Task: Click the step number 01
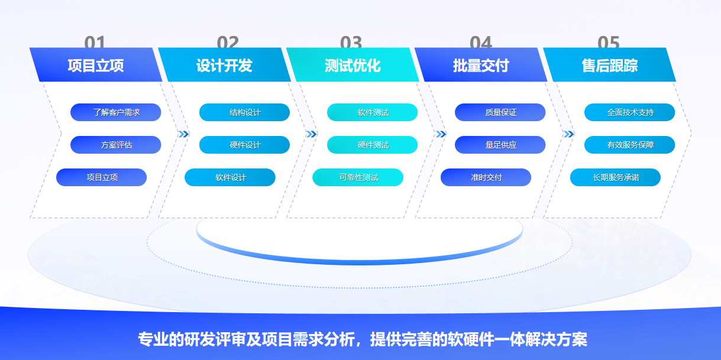pos(95,42)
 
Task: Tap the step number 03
pos(351,42)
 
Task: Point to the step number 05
pos(609,42)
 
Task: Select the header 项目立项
pos(96,65)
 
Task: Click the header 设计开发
pos(224,65)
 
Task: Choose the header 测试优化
pos(353,65)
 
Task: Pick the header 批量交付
pos(480,65)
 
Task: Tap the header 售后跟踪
pos(609,65)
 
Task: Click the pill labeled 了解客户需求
pos(116,112)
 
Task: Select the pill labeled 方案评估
pos(116,145)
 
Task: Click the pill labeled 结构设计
pos(244,112)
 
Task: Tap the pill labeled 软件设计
pos(230,177)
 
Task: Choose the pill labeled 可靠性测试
pos(358,177)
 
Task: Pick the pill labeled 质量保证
pos(500,112)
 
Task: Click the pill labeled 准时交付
pos(486,177)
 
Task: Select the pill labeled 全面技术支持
pos(630,112)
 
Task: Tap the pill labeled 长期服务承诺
pos(615,177)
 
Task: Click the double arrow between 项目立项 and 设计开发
pos(183,134)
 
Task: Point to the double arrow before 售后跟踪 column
pos(568,134)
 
